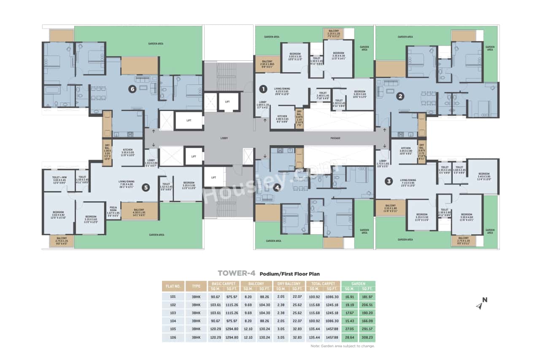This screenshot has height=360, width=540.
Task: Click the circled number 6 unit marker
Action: [132, 89]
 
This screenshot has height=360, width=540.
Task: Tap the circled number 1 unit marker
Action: [263, 89]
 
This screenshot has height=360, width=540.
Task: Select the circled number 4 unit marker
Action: [277, 188]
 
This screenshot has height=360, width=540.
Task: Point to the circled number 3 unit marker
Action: [389, 181]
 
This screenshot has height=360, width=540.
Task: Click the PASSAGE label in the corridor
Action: [335, 138]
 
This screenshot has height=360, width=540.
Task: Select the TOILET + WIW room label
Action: [59, 180]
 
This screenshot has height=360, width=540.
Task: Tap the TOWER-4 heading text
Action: [237, 273]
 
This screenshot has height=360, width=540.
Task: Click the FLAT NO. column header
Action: [173, 286]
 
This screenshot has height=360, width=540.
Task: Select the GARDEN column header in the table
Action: [358, 284]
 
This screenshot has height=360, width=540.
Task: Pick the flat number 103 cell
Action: [173, 313]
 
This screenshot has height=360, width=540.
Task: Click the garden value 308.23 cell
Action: [367, 338]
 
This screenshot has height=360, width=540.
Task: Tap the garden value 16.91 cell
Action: [349, 297]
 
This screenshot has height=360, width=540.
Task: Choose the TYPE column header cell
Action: [196, 286]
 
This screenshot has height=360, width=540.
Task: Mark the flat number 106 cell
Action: [173, 338]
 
